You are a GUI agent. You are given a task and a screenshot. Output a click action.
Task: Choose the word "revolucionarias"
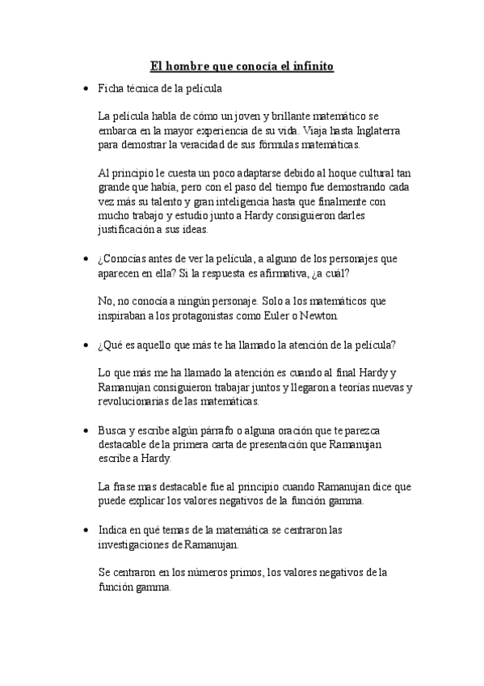[137, 401]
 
